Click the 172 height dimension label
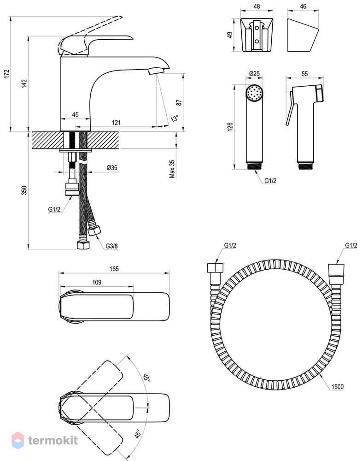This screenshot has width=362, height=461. click(7, 73)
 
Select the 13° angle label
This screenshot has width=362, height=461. click(175, 118)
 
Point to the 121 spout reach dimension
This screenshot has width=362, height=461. click(117, 122)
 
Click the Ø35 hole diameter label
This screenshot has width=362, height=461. click(112, 168)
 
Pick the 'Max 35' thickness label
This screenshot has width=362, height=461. click(172, 169)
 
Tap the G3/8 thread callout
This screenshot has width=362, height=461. click(111, 246)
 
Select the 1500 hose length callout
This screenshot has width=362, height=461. click(337, 387)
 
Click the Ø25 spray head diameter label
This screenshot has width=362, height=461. click(254, 73)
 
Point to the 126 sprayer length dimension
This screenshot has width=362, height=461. click(230, 127)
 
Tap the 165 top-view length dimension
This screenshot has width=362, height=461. click(114, 269)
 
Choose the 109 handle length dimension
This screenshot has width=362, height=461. click(97, 282)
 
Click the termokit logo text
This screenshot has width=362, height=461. click(53, 440)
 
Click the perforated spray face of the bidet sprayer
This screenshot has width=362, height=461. click(255, 94)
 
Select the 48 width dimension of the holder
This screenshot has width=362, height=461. click(257, 6)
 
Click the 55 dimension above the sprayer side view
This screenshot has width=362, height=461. click(305, 73)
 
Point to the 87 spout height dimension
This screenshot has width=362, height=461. click(179, 102)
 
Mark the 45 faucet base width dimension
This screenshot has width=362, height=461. click(75, 114)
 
